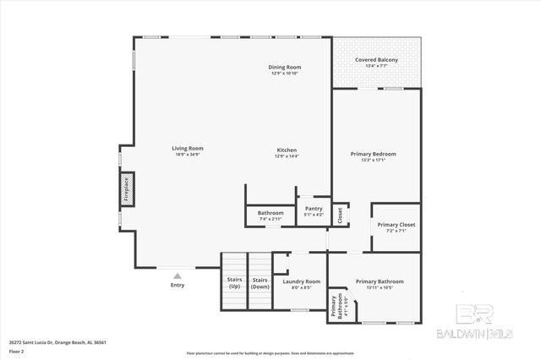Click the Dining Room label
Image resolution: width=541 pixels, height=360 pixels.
tap(285, 67)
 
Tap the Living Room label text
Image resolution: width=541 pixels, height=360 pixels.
tap(189, 149)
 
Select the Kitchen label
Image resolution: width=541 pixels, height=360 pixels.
tap(287, 150)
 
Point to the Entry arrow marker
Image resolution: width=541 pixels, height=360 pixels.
tap(178, 275)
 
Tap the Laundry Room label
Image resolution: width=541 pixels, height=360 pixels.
tap(302, 281)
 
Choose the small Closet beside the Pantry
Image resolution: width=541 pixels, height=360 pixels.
tap(339, 215)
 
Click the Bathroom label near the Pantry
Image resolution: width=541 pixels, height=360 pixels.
tap(270, 213)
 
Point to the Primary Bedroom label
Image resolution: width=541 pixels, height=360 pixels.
tap(373, 154)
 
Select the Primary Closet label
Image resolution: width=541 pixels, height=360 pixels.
tap(396, 225)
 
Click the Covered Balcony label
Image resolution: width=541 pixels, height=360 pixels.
tap(376, 60)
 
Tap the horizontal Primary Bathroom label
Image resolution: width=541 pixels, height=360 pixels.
tap(380, 281)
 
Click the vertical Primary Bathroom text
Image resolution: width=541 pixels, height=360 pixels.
tap(336, 305)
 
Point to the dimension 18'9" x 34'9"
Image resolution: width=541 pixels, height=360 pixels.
tap(189, 155)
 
